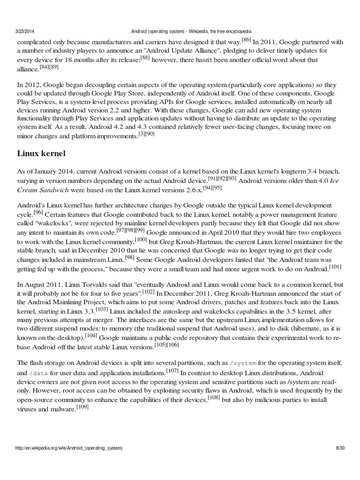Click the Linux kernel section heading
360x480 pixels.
42,153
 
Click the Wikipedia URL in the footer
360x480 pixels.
69,448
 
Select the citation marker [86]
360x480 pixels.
246,39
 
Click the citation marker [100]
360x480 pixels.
141,239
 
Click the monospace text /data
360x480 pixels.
38,373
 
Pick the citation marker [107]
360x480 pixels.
172,371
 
